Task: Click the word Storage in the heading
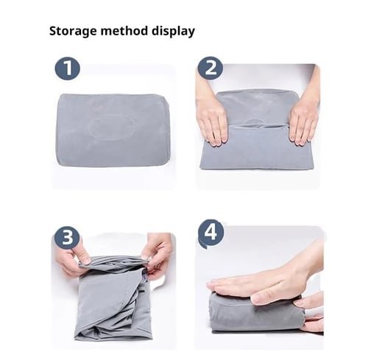tap(72, 32)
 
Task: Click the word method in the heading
tap(122, 32)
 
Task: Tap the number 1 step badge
tap(67, 69)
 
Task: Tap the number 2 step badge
tap(210, 69)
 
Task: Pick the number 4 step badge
tap(210, 234)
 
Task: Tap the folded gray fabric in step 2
tap(258, 147)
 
